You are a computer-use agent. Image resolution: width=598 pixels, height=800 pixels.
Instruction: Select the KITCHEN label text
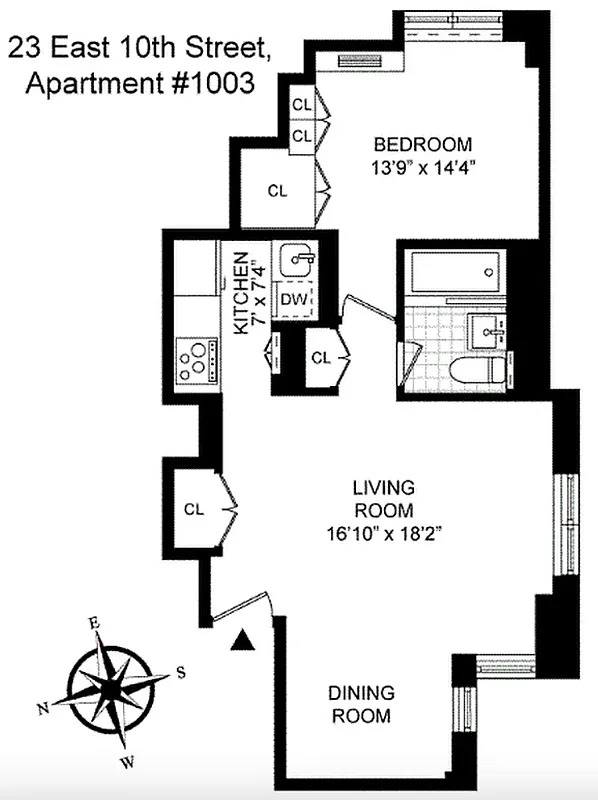click(241, 292)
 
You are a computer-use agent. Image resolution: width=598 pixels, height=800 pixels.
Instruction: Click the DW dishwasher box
click(293, 299)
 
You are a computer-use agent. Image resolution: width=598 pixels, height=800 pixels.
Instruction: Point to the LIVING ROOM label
click(383, 499)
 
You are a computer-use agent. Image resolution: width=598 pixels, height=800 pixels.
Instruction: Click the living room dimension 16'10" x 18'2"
click(383, 532)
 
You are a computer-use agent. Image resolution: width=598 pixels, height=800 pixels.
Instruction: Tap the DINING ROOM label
click(362, 704)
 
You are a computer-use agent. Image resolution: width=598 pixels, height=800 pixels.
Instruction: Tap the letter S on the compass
click(180, 672)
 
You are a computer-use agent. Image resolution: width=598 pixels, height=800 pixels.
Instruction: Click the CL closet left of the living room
click(194, 508)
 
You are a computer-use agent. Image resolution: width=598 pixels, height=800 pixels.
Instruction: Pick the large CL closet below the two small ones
click(277, 190)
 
